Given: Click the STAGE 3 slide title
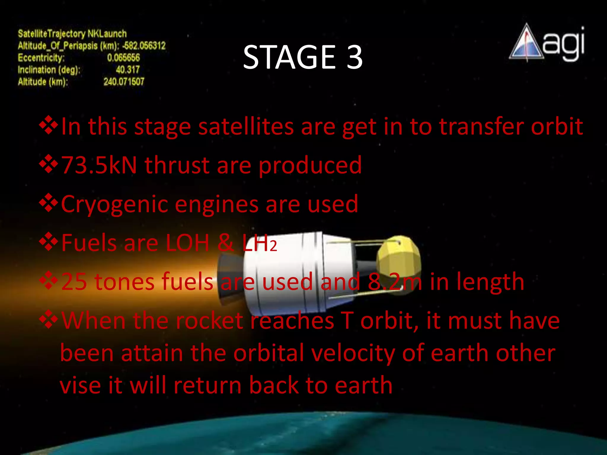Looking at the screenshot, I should click(303, 57).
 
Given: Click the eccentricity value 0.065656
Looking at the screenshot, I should click(123, 57).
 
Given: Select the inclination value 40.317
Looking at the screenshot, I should click(127, 70).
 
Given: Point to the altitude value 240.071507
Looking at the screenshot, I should click(124, 81).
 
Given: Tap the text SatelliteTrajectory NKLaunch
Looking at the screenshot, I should click(72, 33).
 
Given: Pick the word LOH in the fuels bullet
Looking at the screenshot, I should click(187, 243).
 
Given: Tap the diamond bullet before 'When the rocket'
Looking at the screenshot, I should click(48, 320).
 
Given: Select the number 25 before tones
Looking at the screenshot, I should click(74, 282).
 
